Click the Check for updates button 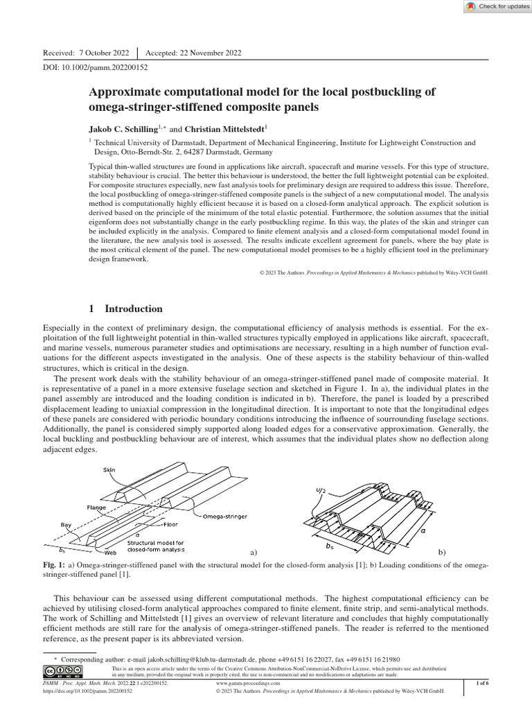click(x=495, y=6)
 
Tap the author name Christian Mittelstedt click(x=224, y=128)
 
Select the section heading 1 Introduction click(x=126, y=309)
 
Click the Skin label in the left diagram click(x=109, y=469)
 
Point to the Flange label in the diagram click(x=96, y=507)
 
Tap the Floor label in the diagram click(x=170, y=524)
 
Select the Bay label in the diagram click(x=66, y=525)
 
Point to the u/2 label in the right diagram click(x=320, y=491)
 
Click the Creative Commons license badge click(x=60, y=671)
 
